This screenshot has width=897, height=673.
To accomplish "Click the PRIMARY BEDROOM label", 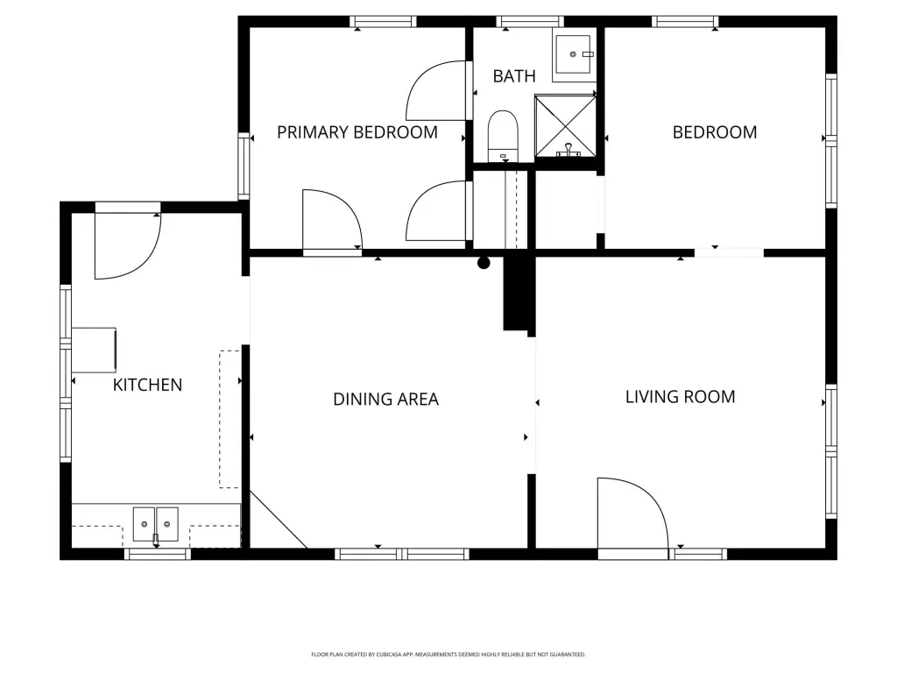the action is (357, 132).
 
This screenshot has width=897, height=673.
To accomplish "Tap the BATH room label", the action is (514, 76).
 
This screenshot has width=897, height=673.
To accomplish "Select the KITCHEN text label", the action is (147, 386).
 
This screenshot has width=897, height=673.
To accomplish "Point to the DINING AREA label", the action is (385, 399).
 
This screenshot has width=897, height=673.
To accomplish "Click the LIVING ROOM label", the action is (680, 397).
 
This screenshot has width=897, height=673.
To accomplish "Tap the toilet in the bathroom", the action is (503, 136).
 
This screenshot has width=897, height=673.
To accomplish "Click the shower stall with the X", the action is (565, 126).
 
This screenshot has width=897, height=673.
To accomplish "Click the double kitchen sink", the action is (156, 524).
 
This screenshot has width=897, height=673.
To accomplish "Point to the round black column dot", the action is (484, 263).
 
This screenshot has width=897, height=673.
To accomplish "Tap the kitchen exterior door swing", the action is (128, 245).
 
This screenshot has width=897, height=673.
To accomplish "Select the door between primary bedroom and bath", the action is (436, 90).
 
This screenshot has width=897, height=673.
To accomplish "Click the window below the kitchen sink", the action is (158, 554).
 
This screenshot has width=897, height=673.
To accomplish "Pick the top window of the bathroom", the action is (530, 22).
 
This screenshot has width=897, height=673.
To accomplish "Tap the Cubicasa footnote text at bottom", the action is (448, 654).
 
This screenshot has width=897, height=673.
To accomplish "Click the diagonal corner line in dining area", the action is (279, 520).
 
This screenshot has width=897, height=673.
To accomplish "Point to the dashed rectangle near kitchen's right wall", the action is (230, 420).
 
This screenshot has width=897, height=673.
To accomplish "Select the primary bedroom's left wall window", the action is (244, 166).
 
